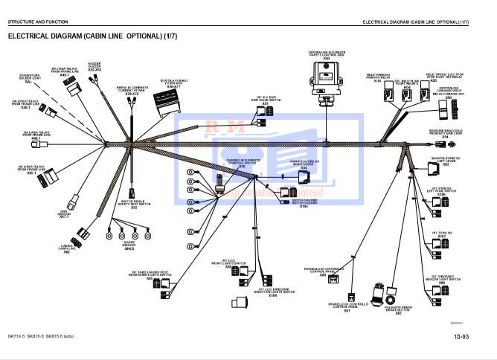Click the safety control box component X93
326,75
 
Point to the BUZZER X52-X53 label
94,67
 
